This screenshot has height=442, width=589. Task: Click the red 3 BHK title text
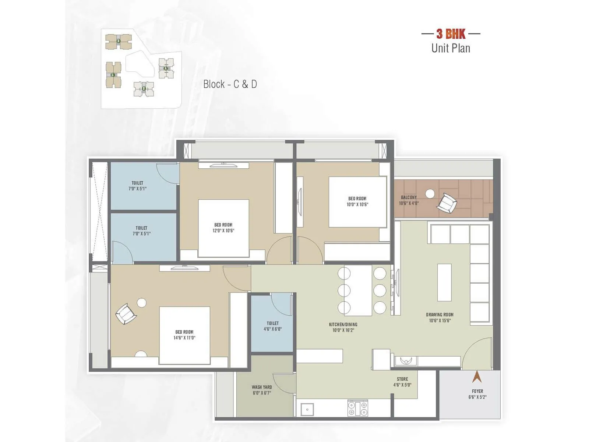click(x=451, y=34)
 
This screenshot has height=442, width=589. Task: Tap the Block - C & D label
click(x=230, y=84)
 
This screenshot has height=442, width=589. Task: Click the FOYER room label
click(x=477, y=391)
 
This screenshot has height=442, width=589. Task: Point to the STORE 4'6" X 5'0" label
click(x=402, y=382)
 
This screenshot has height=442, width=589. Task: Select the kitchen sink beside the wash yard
click(x=307, y=409)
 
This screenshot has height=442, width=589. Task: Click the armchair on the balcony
click(x=447, y=203)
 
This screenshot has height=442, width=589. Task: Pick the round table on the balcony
click(x=430, y=193)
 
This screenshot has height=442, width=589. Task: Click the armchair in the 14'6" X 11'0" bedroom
click(x=126, y=314)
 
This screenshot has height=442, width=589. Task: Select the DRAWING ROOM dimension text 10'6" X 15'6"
click(x=440, y=320)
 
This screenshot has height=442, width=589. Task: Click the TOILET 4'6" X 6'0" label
click(x=272, y=326)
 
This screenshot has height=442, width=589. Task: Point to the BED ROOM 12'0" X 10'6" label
click(x=223, y=228)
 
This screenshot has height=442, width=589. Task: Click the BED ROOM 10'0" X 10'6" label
click(x=357, y=201)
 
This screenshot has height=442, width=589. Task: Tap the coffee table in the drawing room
click(x=444, y=282)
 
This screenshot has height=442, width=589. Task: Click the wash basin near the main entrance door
click(x=406, y=361)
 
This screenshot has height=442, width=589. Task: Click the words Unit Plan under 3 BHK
click(x=451, y=48)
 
